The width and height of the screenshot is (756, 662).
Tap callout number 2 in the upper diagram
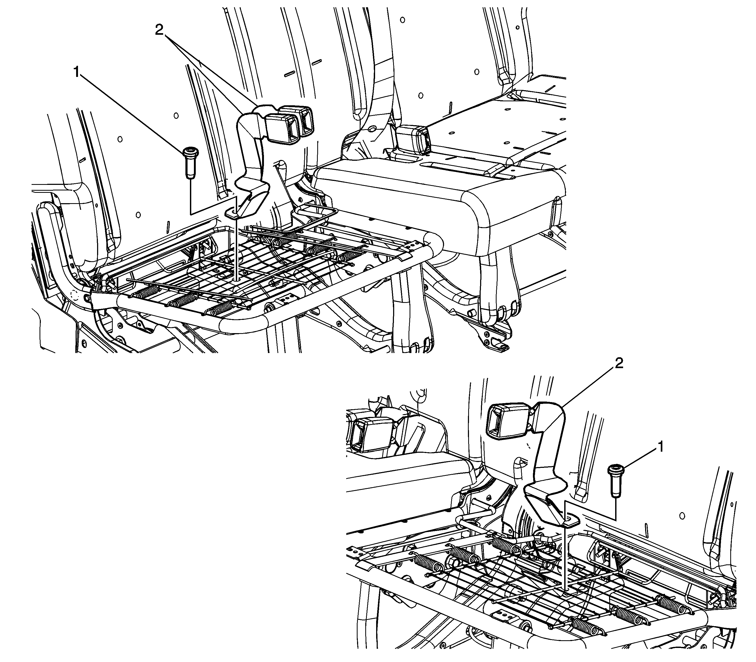pos(159,30)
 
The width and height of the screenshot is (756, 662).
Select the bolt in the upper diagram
pos(190,163)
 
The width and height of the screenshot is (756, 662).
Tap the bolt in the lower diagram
pos(616,481)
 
